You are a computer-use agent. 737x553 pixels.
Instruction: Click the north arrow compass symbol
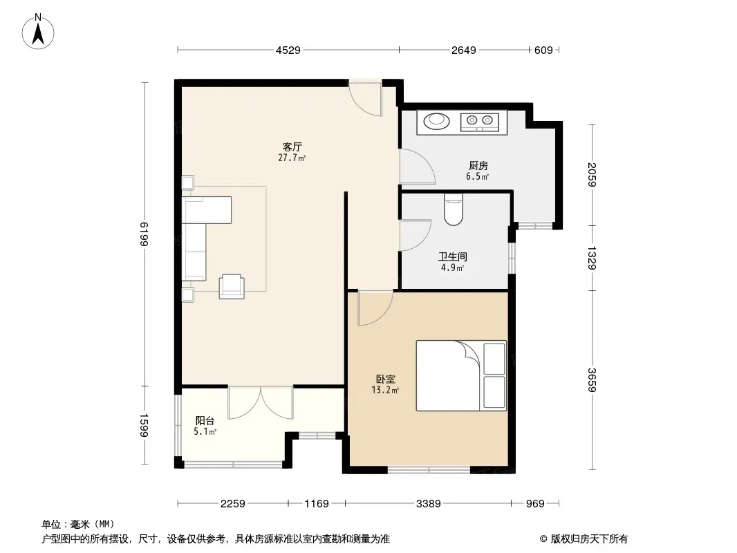(x=38, y=32)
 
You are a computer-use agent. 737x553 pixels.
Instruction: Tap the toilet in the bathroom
(x=453, y=209)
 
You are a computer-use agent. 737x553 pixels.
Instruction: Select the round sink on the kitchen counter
(x=437, y=121)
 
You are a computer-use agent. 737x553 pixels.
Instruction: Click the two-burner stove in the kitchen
(x=479, y=122)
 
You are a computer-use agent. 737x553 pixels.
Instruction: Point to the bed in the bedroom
(x=461, y=375)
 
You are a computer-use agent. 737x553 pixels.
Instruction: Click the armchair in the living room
(x=232, y=287)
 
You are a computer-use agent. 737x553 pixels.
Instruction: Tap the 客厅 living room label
(x=292, y=147)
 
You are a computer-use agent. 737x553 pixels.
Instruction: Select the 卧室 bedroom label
(x=385, y=379)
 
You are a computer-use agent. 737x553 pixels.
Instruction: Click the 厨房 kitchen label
(x=478, y=165)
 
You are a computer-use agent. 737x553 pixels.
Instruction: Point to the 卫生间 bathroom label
(x=453, y=256)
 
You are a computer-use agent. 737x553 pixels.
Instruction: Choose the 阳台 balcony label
(x=205, y=420)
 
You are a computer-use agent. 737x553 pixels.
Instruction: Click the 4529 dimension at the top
(x=288, y=50)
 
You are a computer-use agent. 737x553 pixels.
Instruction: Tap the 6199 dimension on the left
(x=144, y=234)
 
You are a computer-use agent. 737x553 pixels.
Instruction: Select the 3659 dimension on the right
(x=592, y=379)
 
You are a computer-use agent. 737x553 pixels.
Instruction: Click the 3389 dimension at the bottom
(x=429, y=504)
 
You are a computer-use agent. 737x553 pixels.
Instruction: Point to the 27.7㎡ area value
(x=292, y=158)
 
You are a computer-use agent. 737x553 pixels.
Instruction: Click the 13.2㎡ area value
(x=385, y=390)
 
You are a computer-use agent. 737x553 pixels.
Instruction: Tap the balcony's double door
(x=261, y=402)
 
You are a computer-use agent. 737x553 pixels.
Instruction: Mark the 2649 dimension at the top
(x=464, y=50)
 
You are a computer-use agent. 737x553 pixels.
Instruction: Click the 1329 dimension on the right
(x=592, y=258)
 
